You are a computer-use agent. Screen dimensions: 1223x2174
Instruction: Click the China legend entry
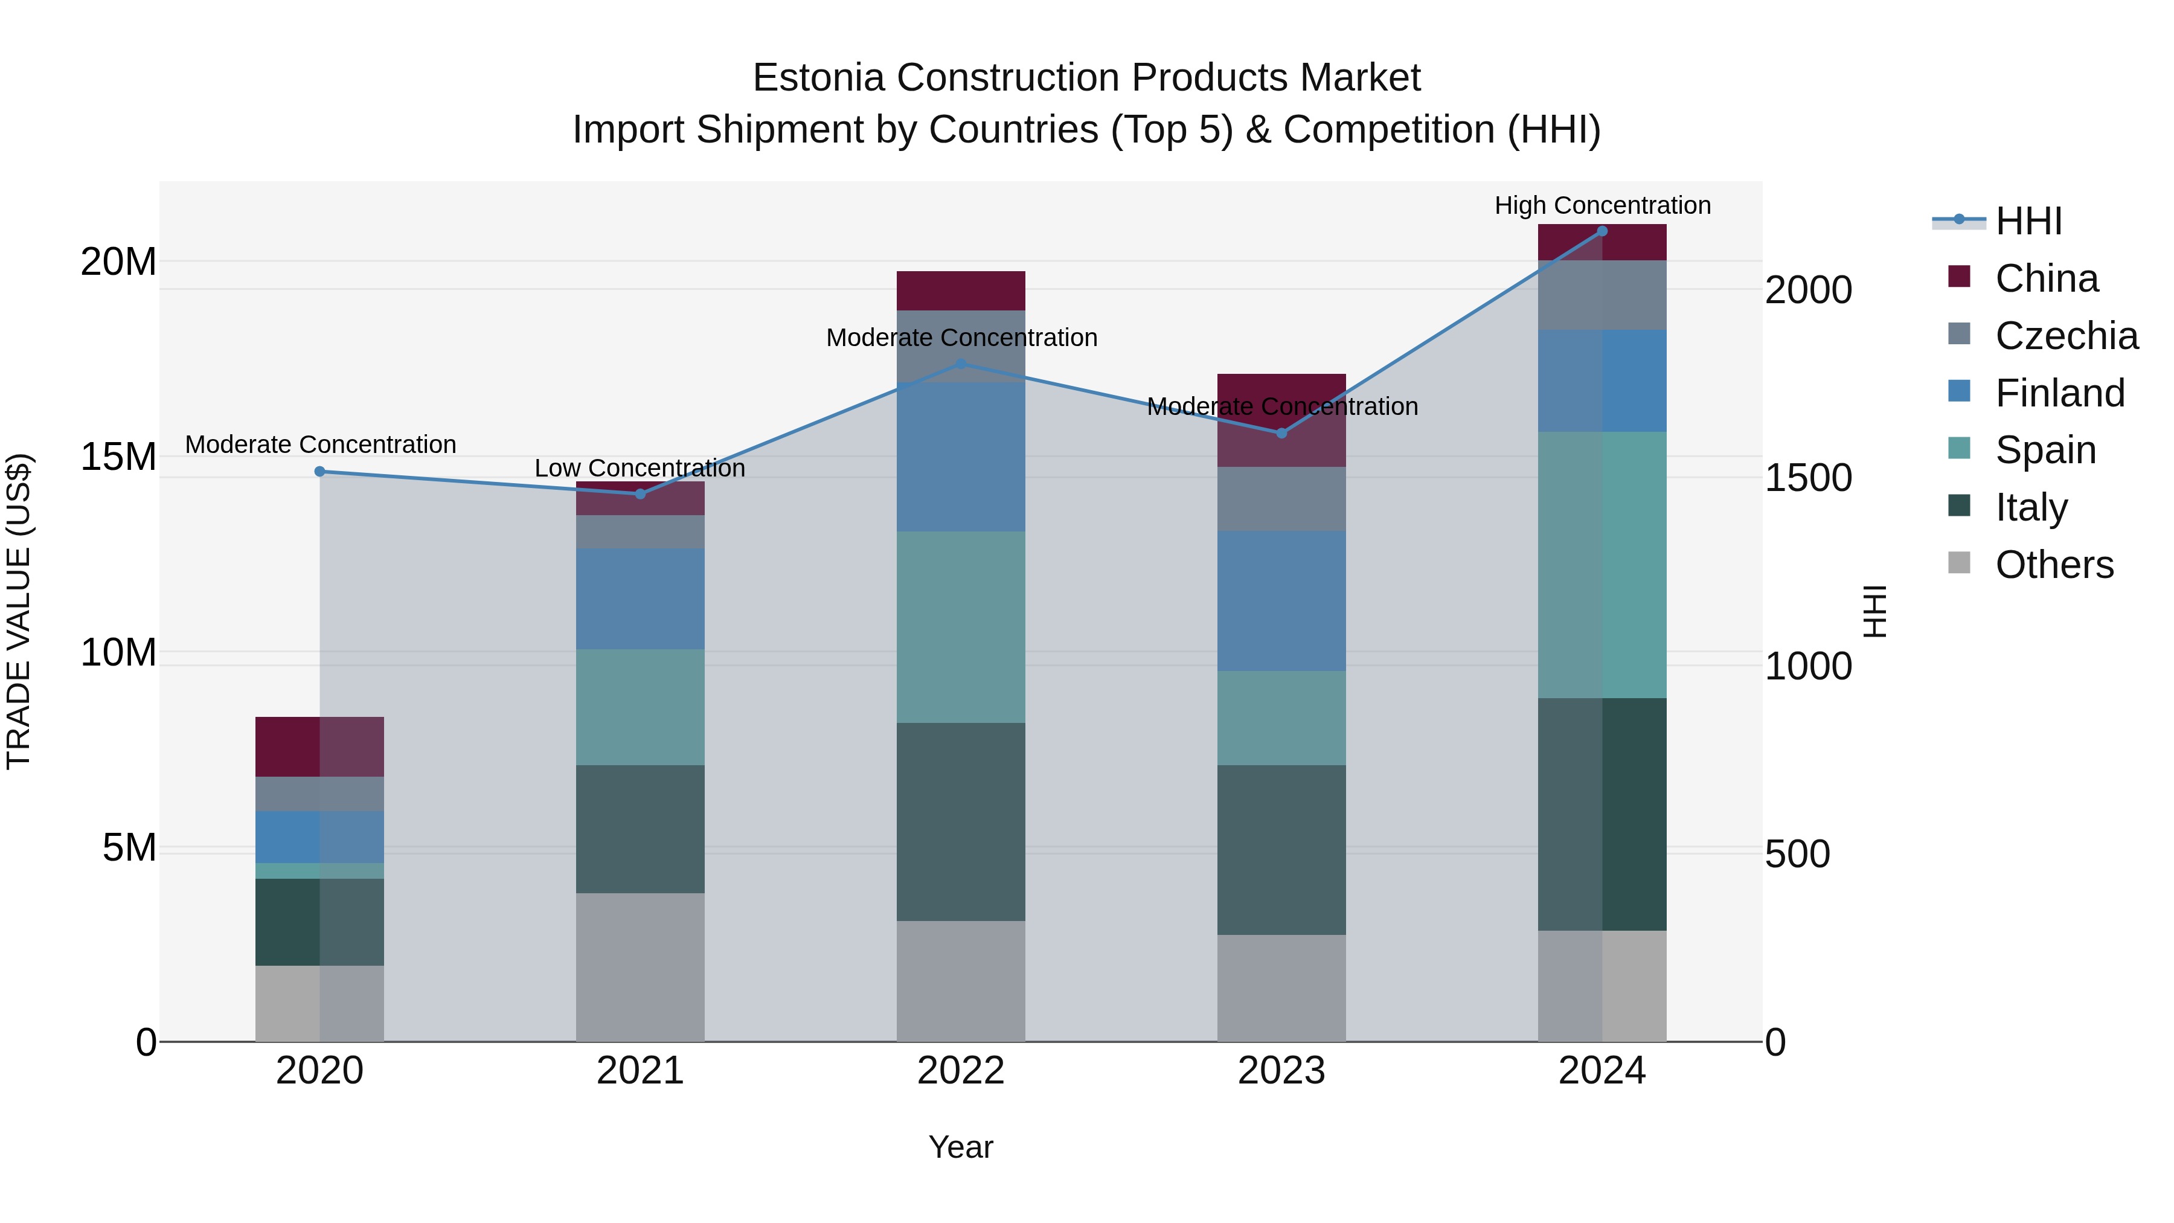pyautogui.click(x=2046, y=278)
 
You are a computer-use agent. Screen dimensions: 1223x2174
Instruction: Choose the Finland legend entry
pyautogui.click(x=2059, y=393)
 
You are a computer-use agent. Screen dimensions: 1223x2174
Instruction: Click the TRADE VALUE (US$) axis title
pyautogui.click(x=19, y=611)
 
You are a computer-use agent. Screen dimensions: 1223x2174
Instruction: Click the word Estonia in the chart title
pyautogui.click(x=819, y=79)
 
